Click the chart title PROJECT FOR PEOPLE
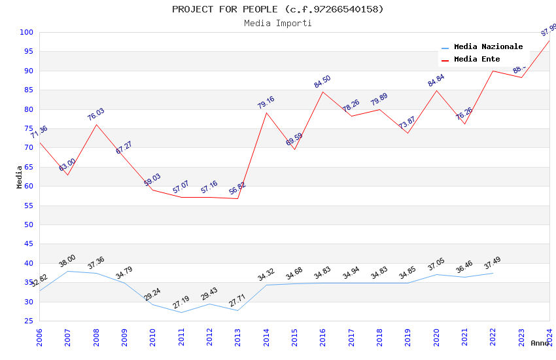coord(277,9)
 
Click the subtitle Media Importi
coord(277,23)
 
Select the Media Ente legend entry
coord(477,60)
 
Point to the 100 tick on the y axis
coord(26,32)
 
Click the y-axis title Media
coord(20,177)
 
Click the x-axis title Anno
coord(540,343)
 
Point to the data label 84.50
coord(322,82)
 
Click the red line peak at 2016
coord(322,92)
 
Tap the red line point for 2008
coord(96,124)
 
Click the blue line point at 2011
coord(181,312)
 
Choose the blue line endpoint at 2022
coord(493,273)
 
